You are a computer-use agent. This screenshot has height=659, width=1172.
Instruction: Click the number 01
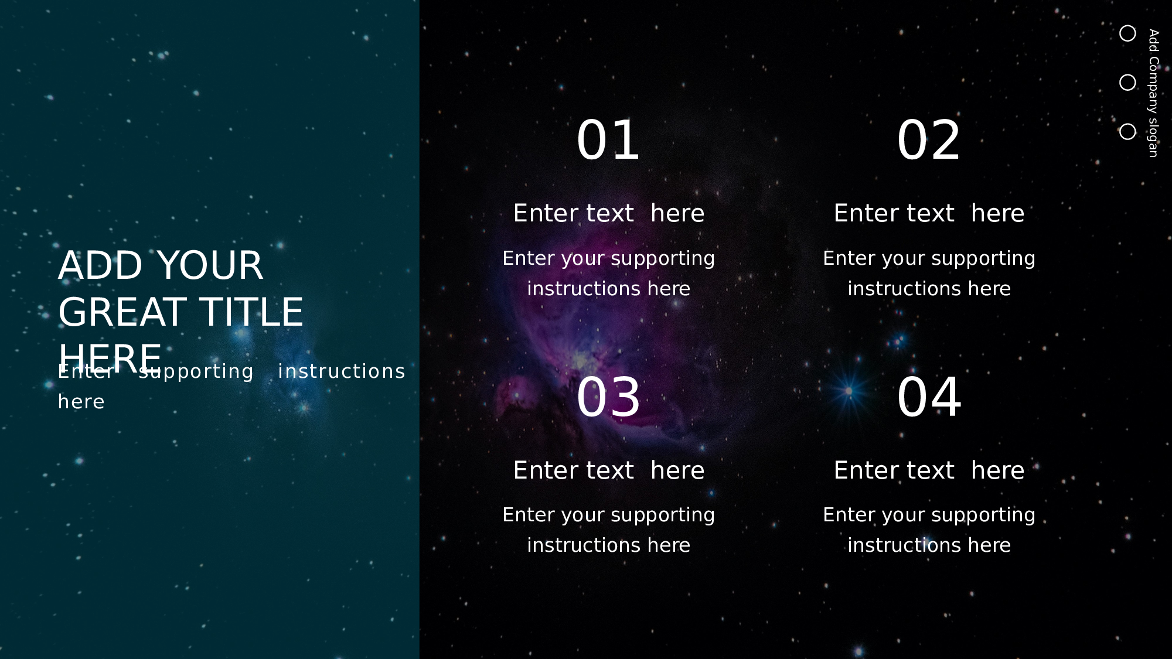click(x=608, y=141)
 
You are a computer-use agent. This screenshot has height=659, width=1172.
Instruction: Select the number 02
click(x=929, y=141)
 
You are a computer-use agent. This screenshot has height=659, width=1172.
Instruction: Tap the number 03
click(x=608, y=398)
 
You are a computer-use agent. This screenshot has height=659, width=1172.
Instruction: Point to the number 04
click(x=929, y=398)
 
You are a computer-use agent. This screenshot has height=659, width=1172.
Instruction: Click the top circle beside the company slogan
click(x=1127, y=26)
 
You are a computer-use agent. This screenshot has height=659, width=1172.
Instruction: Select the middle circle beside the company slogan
click(x=1127, y=75)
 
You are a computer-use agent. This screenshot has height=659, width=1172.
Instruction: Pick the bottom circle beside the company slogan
click(x=1127, y=124)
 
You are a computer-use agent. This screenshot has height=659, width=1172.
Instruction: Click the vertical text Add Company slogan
click(x=1153, y=93)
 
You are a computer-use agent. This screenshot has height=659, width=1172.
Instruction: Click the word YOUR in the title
click(x=210, y=265)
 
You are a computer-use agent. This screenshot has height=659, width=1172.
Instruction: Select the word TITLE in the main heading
click(x=251, y=312)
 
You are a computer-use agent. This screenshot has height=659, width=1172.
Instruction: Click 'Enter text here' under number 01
click(x=608, y=213)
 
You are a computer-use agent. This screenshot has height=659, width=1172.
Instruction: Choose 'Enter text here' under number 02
click(x=929, y=213)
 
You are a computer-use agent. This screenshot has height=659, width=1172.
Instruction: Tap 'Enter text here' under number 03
click(x=608, y=470)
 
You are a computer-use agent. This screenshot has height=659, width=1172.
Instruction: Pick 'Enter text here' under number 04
click(x=929, y=470)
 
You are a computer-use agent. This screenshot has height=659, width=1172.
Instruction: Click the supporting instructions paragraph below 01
click(x=608, y=274)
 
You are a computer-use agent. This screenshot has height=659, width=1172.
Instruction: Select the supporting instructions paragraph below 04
click(x=929, y=530)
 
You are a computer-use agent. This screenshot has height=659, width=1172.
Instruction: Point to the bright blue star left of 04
click(x=849, y=391)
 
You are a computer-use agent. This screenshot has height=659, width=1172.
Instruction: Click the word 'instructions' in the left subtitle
click(x=342, y=371)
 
